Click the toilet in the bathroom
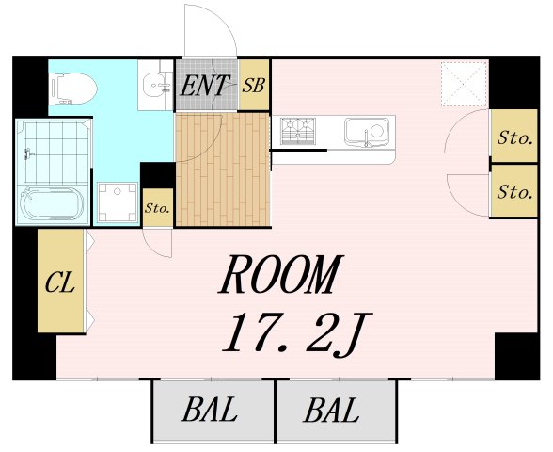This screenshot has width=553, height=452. (73, 89)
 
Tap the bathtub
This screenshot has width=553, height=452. (53, 203)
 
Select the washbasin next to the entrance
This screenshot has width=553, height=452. (156, 85)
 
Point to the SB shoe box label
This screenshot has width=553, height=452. (254, 85)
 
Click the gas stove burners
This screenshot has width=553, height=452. (298, 132)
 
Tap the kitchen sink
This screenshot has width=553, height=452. (367, 133)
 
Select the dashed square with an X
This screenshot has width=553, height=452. (465, 84)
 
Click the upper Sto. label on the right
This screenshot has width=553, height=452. (514, 137)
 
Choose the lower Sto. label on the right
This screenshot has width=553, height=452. (514, 192)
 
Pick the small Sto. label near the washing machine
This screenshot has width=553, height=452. (158, 208)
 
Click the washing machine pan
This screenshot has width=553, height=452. (118, 202)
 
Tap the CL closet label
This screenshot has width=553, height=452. (60, 282)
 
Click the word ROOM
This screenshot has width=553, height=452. (280, 274)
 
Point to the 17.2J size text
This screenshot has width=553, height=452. (296, 334)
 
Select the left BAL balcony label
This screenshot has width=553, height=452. (209, 410)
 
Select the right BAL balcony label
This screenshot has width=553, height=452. (331, 410)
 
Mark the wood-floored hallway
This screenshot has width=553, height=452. (223, 169)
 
